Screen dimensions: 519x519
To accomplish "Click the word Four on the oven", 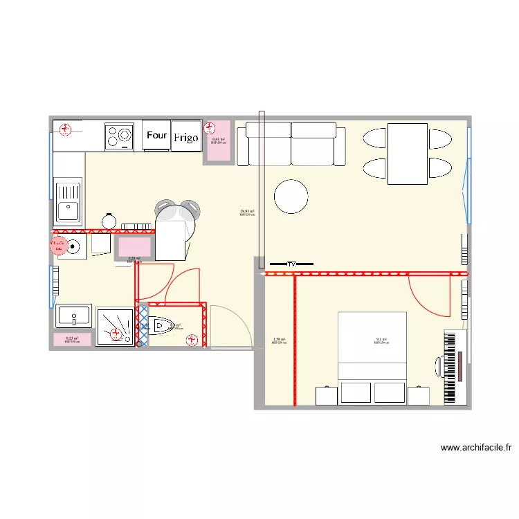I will click(157, 136).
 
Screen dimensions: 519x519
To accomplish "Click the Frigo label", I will click(185, 138).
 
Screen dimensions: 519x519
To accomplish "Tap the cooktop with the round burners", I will click(119, 136).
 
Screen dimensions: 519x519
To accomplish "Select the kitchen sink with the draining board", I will click(68, 199).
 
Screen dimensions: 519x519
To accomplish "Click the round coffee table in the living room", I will click(291, 197).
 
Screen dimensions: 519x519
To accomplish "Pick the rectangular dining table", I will click(407, 154).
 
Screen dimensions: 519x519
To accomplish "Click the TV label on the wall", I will click(291, 264).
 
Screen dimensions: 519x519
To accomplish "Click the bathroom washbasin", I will click(73, 316).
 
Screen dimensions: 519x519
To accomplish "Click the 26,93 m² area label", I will click(247, 212).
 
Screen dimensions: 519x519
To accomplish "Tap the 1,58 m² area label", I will click(279, 340).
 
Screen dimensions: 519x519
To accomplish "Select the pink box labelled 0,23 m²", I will click(72, 340).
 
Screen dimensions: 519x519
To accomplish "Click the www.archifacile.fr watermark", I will click(476, 448).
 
